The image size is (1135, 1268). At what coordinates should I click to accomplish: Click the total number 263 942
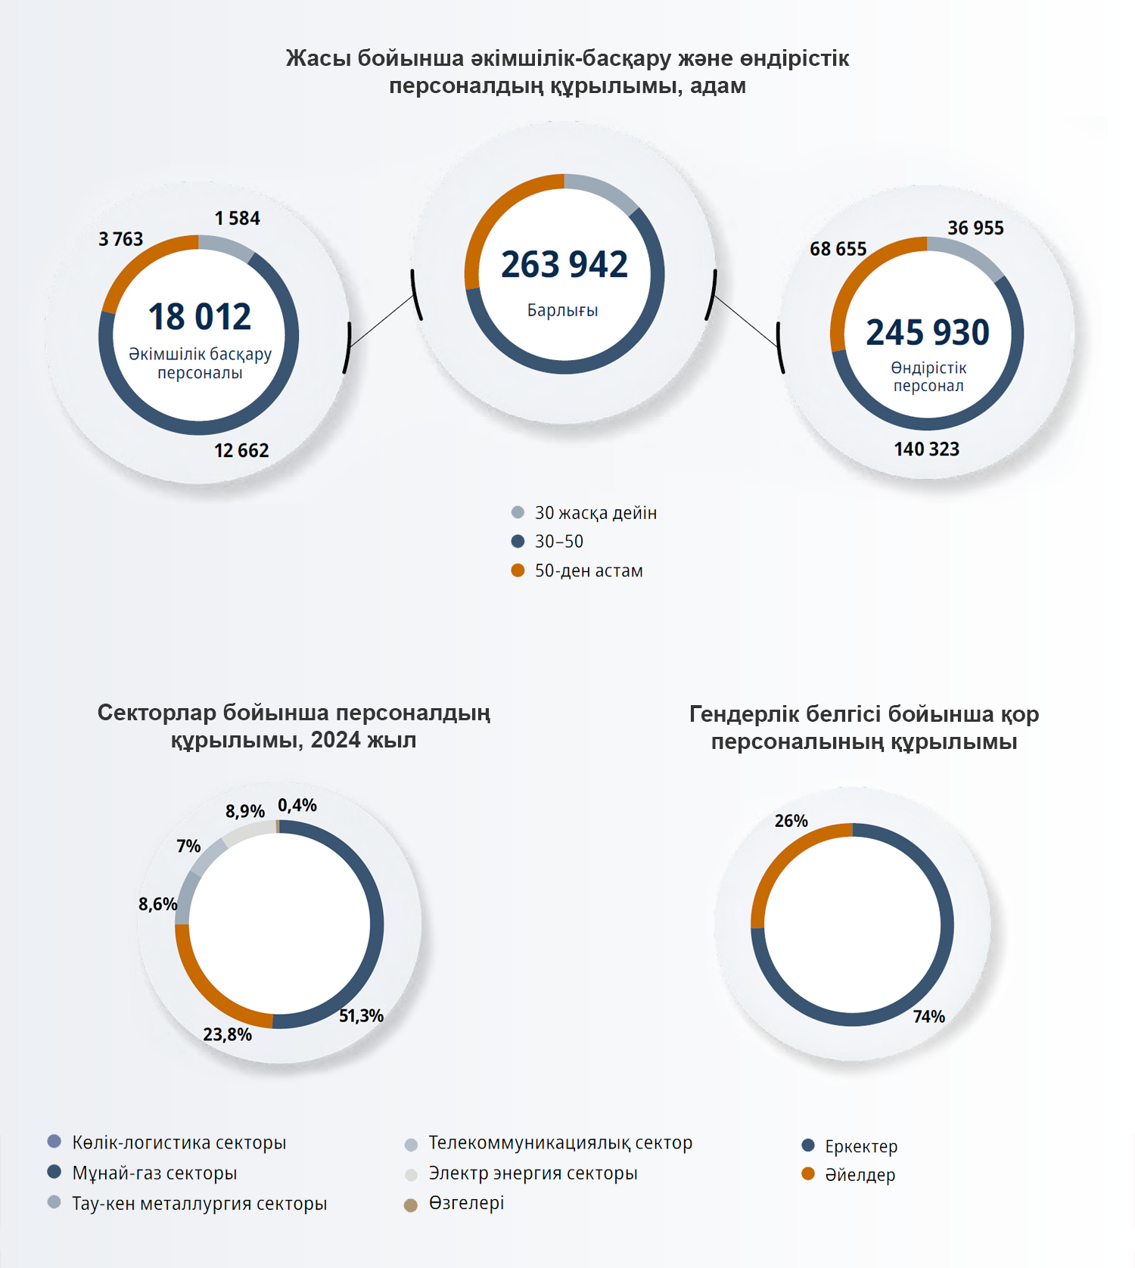click(x=564, y=265)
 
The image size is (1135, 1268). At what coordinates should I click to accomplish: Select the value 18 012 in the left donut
click(x=200, y=316)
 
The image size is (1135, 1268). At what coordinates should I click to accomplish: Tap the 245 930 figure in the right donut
click(x=928, y=332)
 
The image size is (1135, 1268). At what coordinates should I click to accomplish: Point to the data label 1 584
click(x=237, y=219)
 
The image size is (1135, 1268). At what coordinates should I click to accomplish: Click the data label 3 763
click(x=120, y=240)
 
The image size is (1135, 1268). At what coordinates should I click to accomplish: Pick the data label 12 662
click(x=241, y=451)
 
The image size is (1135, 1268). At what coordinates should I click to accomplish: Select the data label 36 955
click(x=975, y=228)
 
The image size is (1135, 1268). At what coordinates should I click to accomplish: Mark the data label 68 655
click(x=838, y=249)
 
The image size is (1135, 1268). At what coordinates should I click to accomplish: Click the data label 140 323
click(x=926, y=449)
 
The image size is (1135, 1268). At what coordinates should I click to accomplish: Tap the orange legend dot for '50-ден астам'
click(x=518, y=570)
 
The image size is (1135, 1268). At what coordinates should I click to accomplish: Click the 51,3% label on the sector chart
click(x=361, y=1016)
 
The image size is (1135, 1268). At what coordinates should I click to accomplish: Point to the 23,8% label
click(x=227, y=1034)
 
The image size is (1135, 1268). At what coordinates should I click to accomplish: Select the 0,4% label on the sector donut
click(x=297, y=806)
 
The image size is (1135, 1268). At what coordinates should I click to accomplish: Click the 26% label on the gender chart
click(x=791, y=821)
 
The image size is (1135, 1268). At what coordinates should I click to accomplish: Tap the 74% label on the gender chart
click(x=928, y=1017)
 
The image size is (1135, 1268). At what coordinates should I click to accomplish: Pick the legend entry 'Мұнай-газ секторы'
click(x=154, y=1173)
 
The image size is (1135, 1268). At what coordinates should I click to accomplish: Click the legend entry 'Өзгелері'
click(x=466, y=1203)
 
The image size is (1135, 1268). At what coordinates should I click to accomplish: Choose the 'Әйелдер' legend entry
click(x=860, y=1175)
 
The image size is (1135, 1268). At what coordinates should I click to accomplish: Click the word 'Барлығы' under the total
click(x=562, y=310)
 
